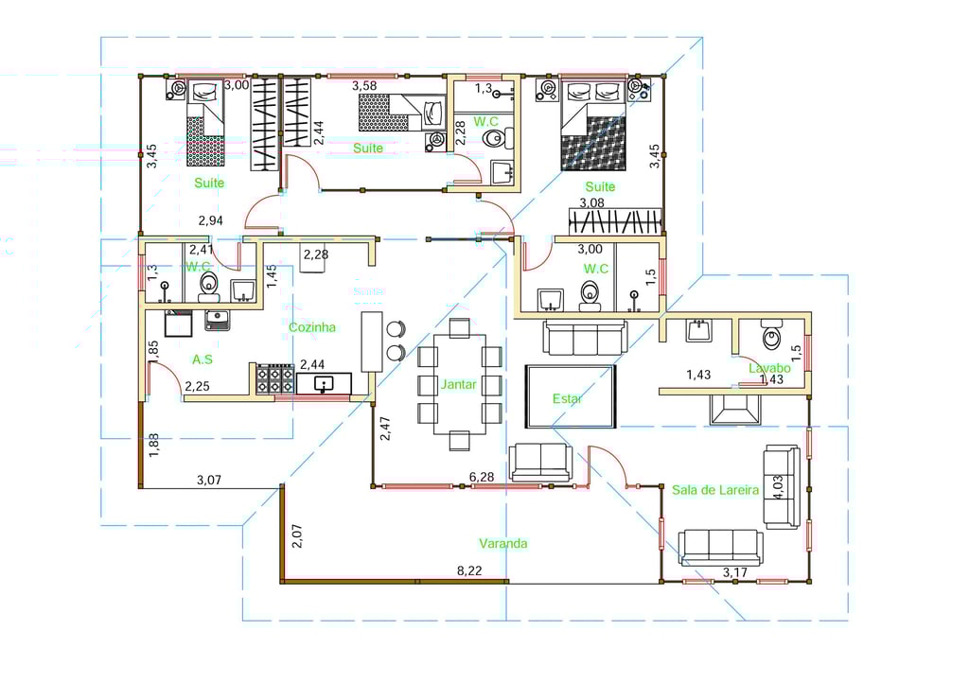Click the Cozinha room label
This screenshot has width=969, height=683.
pos(312,327)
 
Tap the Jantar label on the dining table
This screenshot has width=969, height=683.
pos(459,384)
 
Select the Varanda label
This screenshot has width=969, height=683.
pos(503,543)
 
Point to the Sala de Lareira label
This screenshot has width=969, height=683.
pos(715,490)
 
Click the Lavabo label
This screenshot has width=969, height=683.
pos(769,368)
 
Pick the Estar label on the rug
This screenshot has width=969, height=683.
pos(567,399)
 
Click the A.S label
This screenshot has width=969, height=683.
pos(203,359)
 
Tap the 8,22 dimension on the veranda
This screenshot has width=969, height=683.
pos(469,570)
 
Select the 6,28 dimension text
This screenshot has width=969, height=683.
pos(482,477)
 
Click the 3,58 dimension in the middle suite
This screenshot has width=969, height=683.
pos(364,86)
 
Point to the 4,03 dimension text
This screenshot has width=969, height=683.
pos(778,487)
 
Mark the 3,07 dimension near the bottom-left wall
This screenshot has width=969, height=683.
pos(209,480)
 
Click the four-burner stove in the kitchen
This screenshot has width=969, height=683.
pos(275,379)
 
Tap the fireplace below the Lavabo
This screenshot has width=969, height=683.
pos(734,410)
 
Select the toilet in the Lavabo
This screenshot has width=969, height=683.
pos(771,334)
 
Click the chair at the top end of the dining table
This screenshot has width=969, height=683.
pos(459,328)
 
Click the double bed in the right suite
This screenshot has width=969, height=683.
pos(593,127)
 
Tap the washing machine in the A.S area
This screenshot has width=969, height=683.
pos(178,324)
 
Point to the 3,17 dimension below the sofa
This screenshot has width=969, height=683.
pos(734,572)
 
